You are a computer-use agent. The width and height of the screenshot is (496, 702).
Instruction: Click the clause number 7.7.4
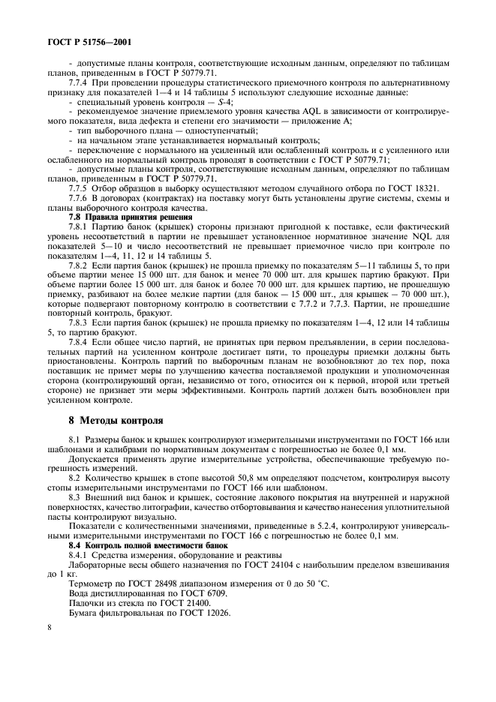82,81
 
